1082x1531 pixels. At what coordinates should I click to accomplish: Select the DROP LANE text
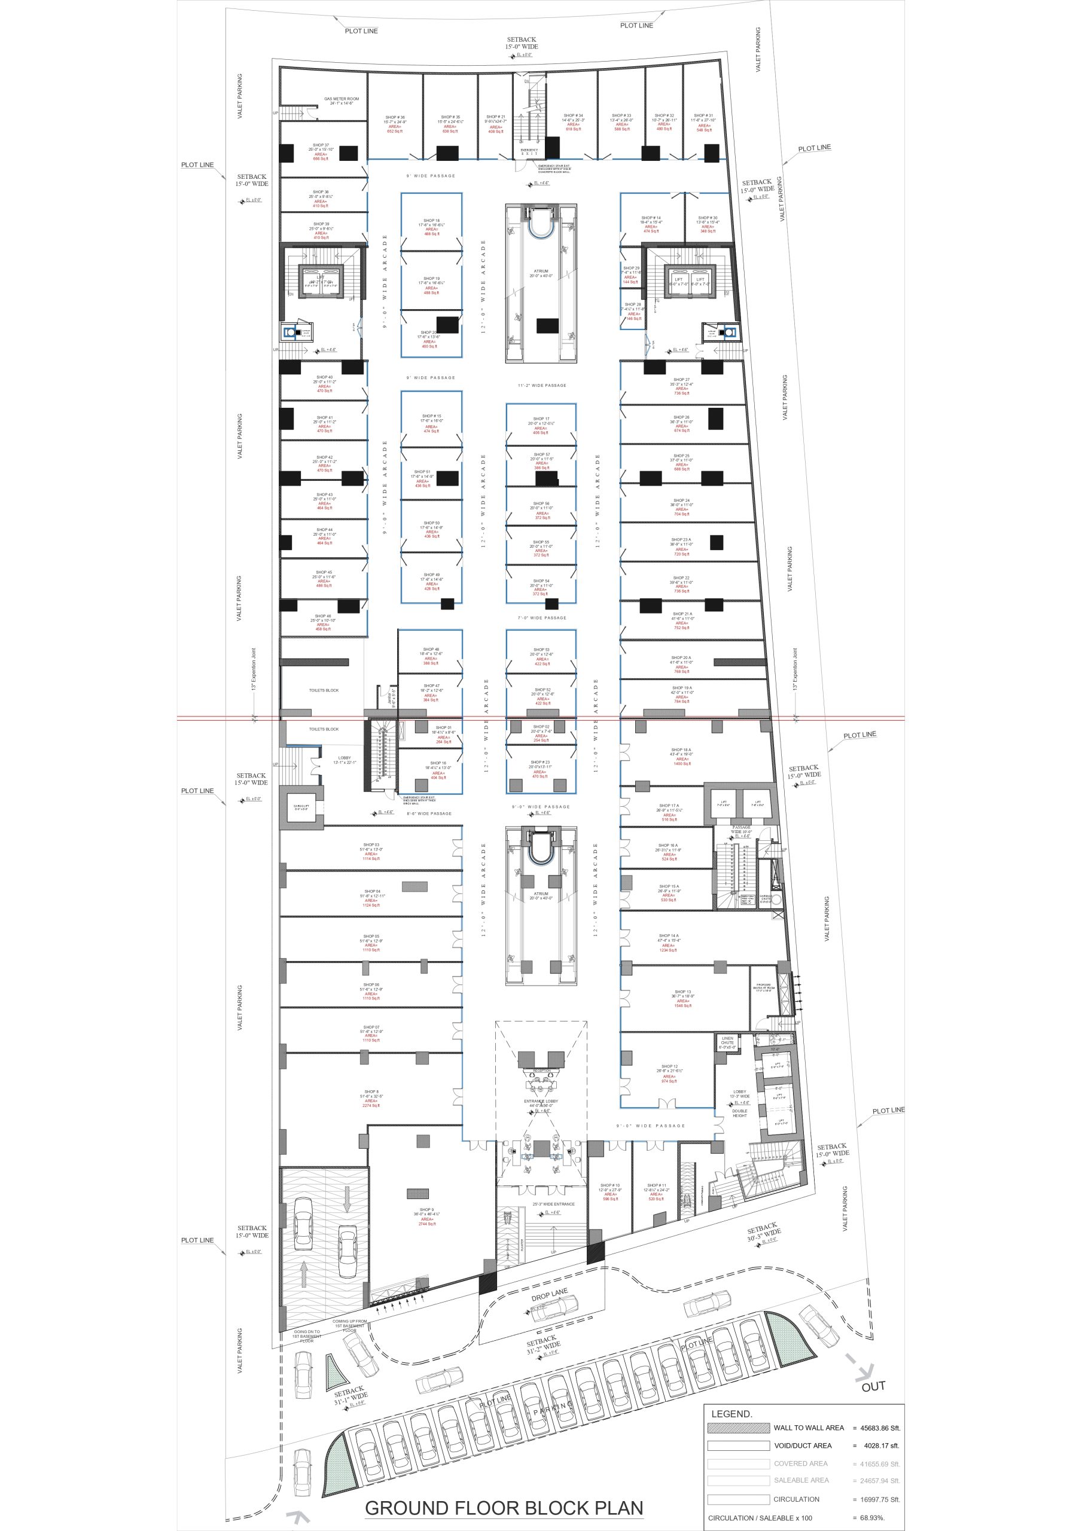point(549,1295)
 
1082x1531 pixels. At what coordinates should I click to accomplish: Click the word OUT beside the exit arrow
point(873,1386)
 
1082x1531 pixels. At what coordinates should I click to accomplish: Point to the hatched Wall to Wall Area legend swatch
point(738,1428)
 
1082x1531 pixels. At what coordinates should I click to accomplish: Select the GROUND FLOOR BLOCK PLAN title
point(504,1508)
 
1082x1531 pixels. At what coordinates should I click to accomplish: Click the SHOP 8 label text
point(371,1091)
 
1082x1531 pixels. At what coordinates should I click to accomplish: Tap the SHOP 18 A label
point(681,749)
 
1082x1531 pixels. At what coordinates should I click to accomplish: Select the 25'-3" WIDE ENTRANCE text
point(553,1204)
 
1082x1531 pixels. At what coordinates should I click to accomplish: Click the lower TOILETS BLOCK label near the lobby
point(324,729)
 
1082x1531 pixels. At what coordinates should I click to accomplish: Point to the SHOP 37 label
point(321,145)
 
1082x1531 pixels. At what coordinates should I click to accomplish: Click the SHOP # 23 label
point(540,761)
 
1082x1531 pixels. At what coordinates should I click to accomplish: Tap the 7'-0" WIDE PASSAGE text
point(542,617)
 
